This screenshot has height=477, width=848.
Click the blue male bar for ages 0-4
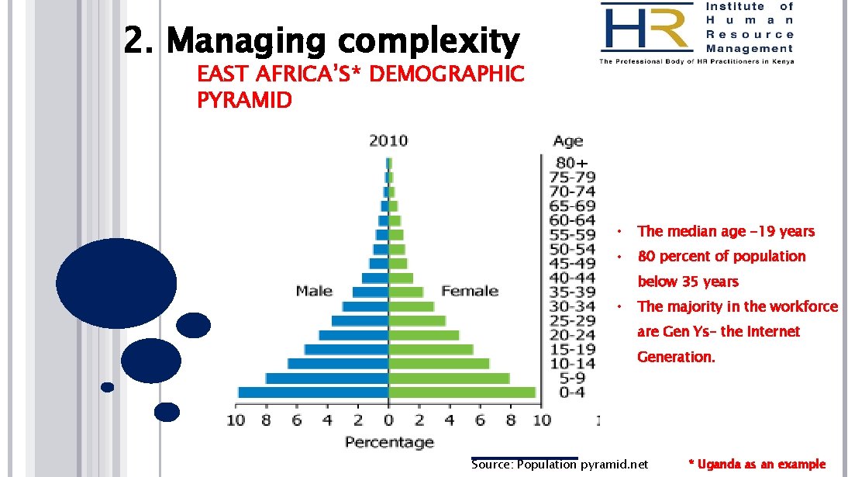[x=313, y=392]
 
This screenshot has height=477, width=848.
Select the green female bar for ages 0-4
[x=462, y=392]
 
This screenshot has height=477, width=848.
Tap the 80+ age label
[x=572, y=163]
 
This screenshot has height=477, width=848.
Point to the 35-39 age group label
[x=572, y=292]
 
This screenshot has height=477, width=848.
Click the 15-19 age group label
[x=572, y=349]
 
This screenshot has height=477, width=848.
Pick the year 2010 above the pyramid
[x=388, y=141]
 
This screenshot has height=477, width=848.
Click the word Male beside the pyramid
[x=314, y=291]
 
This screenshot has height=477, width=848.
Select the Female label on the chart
[x=470, y=291]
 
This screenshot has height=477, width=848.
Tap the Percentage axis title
[x=389, y=442]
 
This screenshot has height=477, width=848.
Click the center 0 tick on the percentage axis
[x=388, y=420]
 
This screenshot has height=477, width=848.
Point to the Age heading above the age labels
[x=568, y=141]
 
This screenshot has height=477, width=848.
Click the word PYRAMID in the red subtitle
[x=244, y=100]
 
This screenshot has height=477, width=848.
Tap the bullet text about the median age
[x=726, y=231]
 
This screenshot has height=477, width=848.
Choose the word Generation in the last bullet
[x=676, y=357]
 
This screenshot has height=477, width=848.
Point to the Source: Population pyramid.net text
[x=559, y=464]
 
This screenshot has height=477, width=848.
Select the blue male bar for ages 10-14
[x=338, y=364]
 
